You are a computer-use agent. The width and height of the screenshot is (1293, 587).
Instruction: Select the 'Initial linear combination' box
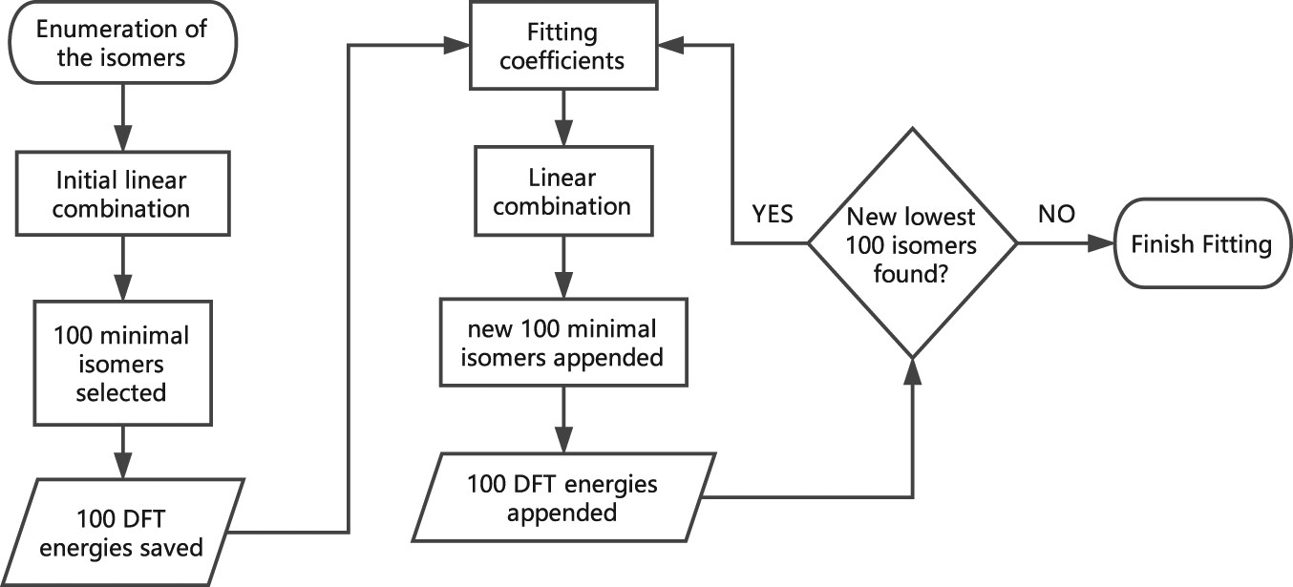121,193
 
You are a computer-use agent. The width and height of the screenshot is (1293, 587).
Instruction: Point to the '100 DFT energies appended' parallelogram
562,497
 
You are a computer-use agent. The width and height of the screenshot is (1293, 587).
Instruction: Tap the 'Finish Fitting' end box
1201,244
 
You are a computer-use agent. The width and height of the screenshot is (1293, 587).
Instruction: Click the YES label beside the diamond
772,215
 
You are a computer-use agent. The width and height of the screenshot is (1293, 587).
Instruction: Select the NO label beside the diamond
1057,215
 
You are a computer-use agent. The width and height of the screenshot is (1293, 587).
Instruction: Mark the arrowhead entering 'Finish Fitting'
1107,244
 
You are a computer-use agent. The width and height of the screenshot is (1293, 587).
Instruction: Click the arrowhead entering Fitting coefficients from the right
669,45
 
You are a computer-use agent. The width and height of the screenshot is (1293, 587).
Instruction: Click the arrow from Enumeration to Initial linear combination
121,120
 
